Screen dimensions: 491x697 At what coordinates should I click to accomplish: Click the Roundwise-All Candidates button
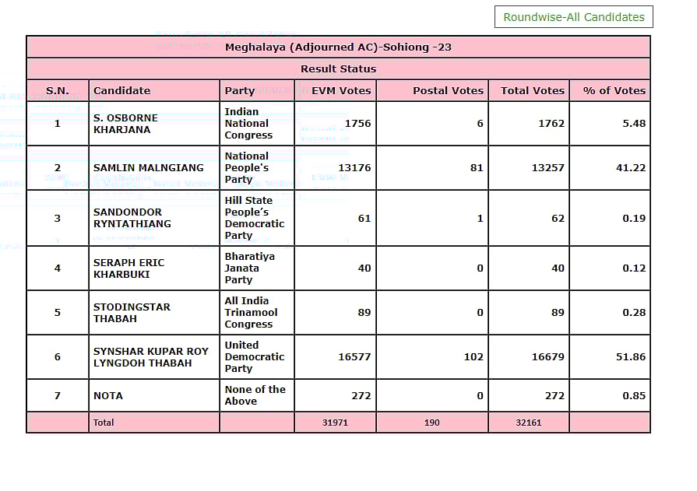(x=574, y=17)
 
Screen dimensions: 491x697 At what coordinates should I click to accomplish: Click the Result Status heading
(x=338, y=69)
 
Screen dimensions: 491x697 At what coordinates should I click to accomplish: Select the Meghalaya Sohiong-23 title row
(x=338, y=47)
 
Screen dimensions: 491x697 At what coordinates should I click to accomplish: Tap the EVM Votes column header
(x=341, y=90)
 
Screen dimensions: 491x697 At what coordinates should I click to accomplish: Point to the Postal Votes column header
(x=448, y=90)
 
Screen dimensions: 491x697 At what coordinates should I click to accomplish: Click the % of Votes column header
(x=614, y=90)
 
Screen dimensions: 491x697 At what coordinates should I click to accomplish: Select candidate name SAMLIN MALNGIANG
(x=149, y=167)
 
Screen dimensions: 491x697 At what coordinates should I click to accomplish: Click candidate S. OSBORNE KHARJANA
(x=125, y=123)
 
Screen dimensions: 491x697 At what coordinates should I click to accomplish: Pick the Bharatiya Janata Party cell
(x=249, y=268)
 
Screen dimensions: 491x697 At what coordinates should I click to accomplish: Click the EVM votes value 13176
(x=354, y=167)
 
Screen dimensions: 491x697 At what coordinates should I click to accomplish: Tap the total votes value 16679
(x=548, y=356)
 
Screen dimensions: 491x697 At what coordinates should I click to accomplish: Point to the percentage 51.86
(x=629, y=356)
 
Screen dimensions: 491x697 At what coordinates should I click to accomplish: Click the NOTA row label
(x=108, y=395)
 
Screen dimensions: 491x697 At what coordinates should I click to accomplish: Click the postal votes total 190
(x=432, y=423)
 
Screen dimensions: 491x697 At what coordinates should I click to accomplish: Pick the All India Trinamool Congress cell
(x=251, y=312)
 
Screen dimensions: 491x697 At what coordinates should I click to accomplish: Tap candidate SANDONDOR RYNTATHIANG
(x=132, y=218)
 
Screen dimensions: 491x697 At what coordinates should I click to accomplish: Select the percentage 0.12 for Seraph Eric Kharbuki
(x=634, y=268)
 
